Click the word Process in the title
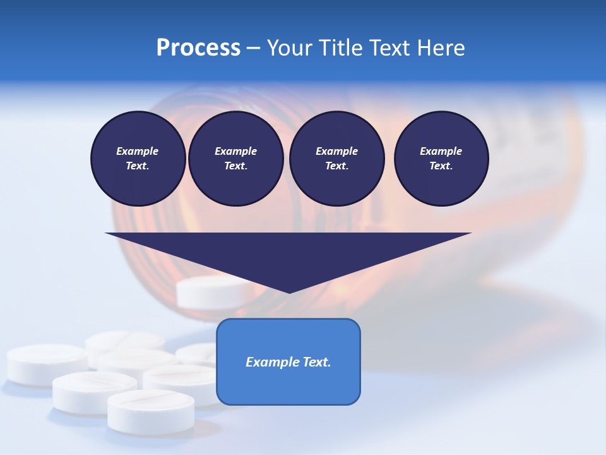pyautogui.click(x=198, y=48)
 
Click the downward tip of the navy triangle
pyautogui.click(x=289, y=292)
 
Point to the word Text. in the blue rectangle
pyautogui.click(x=316, y=362)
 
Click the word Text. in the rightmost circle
pyautogui.click(x=441, y=166)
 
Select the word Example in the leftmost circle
pyautogui.click(x=138, y=151)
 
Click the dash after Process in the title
pyautogui.click(x=253, y=48)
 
